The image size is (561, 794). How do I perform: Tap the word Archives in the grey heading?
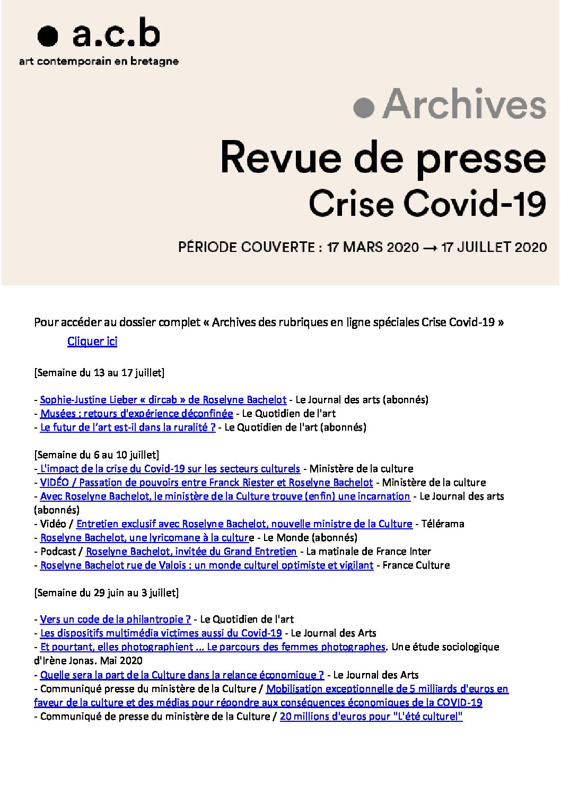(464, 105)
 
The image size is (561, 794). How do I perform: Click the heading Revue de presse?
(383, 157)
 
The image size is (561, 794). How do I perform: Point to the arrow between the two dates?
(429, 247)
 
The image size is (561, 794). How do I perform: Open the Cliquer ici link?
(92, 341)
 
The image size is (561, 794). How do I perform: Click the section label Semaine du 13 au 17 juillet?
(99, 372)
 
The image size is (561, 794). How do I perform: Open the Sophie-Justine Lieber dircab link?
(163, 400)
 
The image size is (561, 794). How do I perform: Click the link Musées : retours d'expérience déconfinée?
(136, 414)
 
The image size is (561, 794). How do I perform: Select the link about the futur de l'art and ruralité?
(128, 427)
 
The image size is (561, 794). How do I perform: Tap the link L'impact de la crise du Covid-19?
(170, 469)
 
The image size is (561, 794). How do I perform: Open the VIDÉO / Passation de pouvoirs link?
(206, 483)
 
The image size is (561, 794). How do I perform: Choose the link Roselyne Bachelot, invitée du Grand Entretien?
(191, 552)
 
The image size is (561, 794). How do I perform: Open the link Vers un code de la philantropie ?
(115, 620)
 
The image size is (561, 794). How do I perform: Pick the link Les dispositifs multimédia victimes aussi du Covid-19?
(161, 633)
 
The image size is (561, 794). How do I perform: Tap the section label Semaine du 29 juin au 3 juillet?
(106, 592)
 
